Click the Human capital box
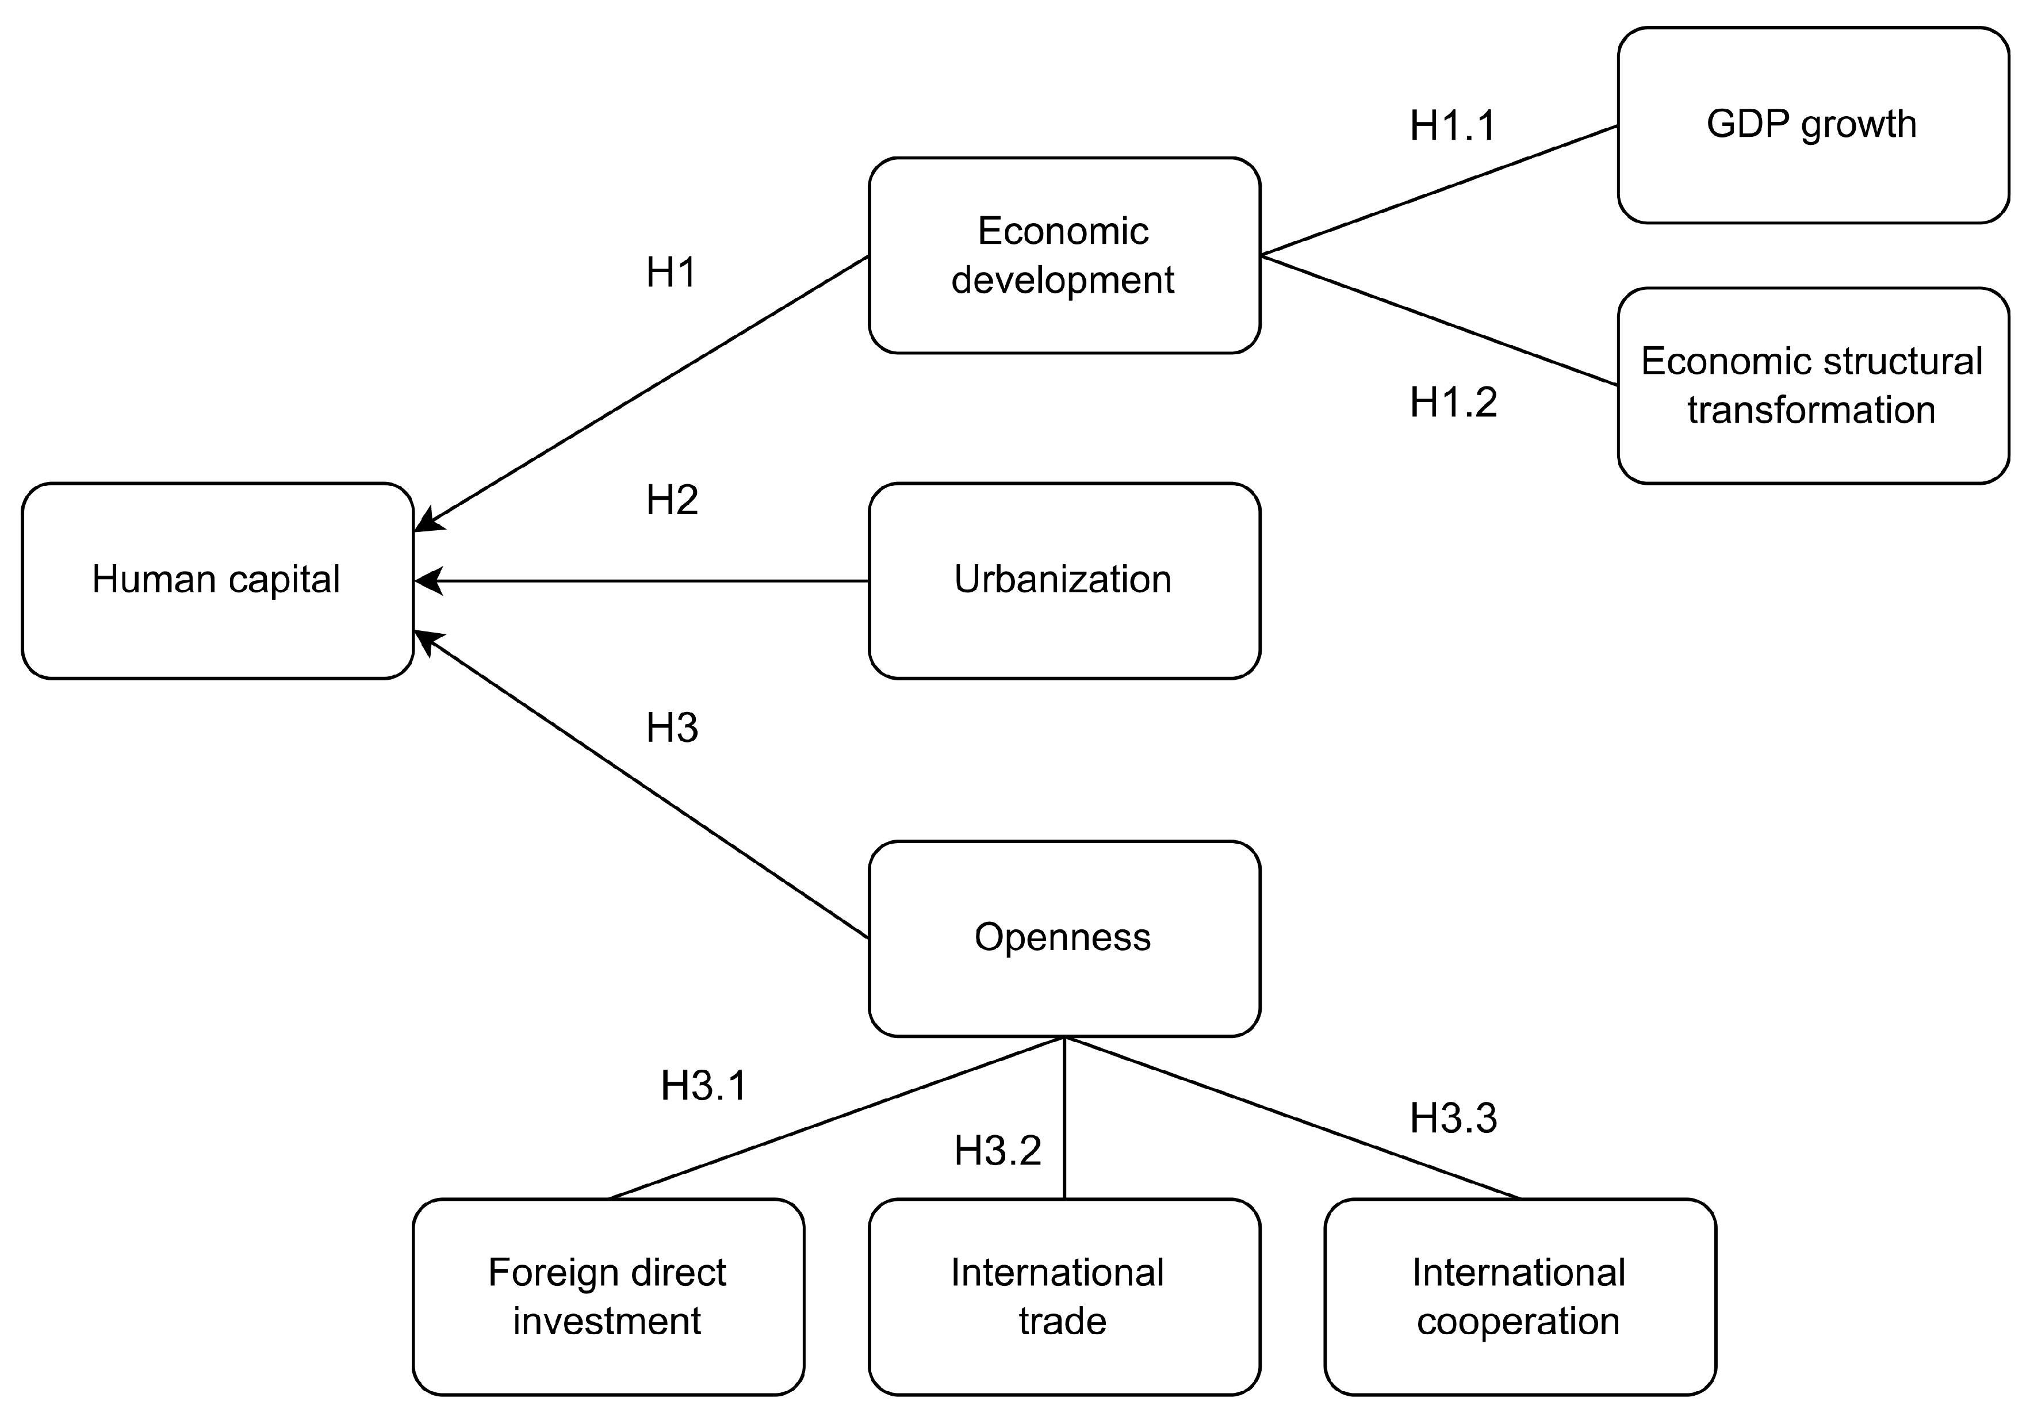(x=217, y=580)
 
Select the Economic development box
(x=1064, y=255)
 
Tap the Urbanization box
(x=1064, y=580)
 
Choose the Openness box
(x=1064, y=938)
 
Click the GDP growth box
(x=1813, y=125)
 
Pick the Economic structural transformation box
(x=1813, y=385)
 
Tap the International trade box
(x=1064, y=1296)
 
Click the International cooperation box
(x=1519, y=1296)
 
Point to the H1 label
(x=671, y=273)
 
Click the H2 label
(x=672, y=500)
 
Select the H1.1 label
(x=1453, y=127)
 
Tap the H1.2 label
(x=1453, y=403)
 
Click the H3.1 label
(x=704, y=1086)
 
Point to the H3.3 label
(x=1453, y=1119)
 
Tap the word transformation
(x=1811, y=410)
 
